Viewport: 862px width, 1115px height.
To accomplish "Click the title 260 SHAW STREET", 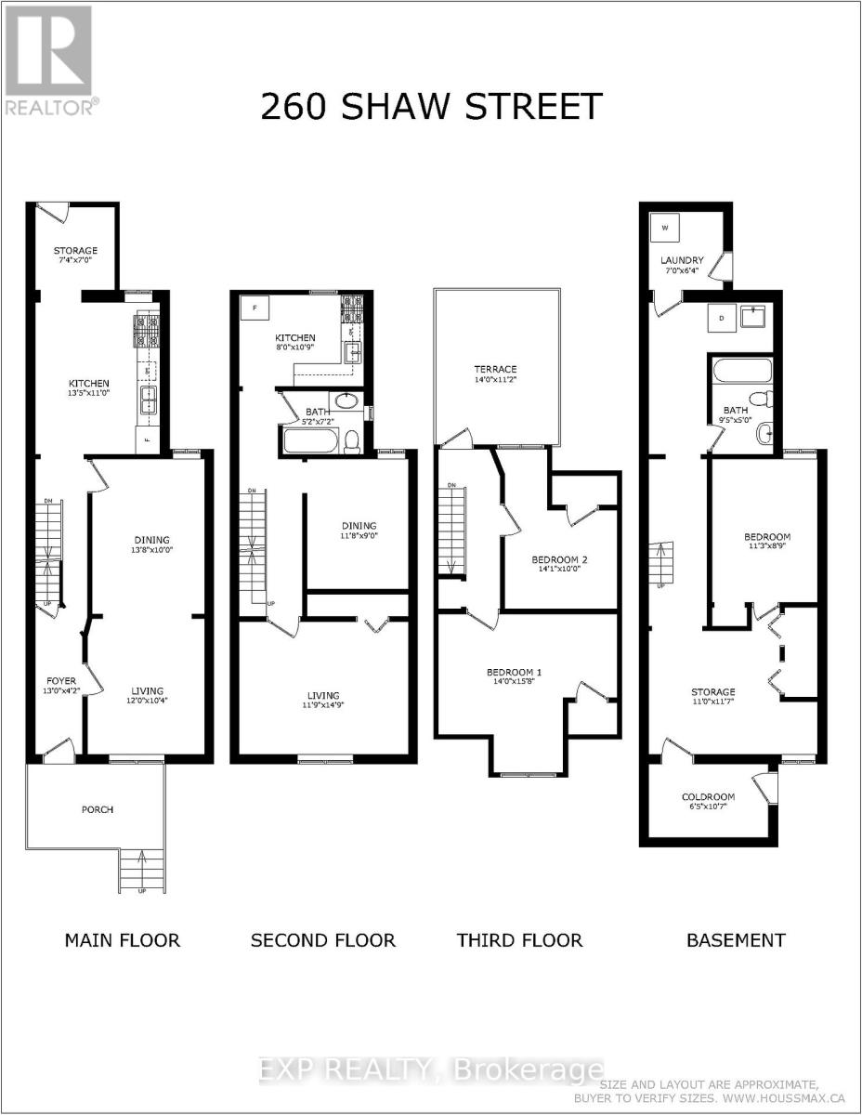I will (x=431, y=107).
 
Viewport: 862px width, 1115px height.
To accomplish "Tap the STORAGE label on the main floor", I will (x=75, y=251).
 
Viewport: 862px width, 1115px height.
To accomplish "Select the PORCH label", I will (x=97, y=809).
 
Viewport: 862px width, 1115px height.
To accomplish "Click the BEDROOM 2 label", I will (x=559, y=559).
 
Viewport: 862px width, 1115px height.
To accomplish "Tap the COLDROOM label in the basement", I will (x=708, y=796).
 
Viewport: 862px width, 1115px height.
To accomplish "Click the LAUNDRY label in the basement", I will (x=682, y=260).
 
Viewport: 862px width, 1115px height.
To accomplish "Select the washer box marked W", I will (x=665, y=226).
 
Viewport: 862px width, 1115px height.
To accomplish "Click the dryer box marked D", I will (x=722, y=318).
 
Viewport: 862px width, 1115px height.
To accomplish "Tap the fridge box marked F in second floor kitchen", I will (x=254, y=308).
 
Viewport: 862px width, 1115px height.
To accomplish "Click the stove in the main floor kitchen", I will (x=149, y=331).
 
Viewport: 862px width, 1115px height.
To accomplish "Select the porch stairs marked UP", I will (x=142, y=871).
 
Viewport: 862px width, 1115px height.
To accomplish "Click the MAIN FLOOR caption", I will (x=122, y=940).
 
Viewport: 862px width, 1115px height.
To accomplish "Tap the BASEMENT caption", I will (x=736, y=940).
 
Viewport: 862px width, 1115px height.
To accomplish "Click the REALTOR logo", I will (x=48, y=60).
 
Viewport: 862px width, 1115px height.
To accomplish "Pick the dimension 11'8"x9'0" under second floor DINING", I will (x=357, y=536).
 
